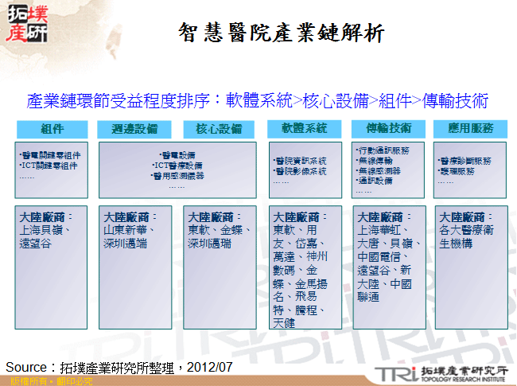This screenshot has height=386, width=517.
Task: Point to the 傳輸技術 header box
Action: tap(389, 128)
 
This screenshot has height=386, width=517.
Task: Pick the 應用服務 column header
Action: tap(470, 128)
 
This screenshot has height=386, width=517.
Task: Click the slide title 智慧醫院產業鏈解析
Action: tap(282, 33)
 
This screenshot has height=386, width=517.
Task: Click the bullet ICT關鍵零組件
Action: tap(49, 166)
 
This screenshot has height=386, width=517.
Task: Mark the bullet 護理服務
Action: tap(456, 171)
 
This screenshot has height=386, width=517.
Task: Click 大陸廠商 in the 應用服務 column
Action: tap(463, 216)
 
